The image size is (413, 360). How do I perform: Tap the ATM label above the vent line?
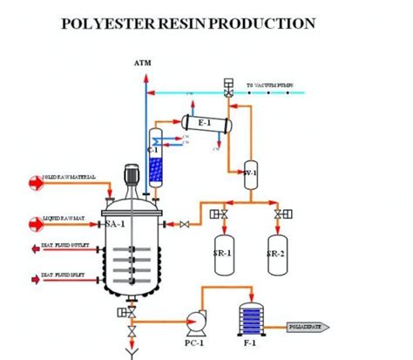click(x=143, y=64)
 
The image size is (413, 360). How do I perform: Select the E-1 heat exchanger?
click(x=206, y=124)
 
